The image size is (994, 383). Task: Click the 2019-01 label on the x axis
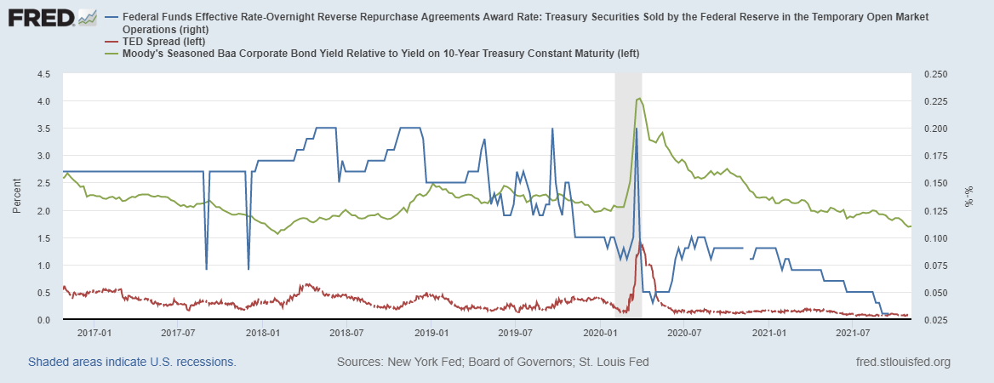click(x=431, y=332)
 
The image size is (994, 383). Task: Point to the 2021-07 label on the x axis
click(x=853, y=332)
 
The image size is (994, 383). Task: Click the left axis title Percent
click(x=16, y=197)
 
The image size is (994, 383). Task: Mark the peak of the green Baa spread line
click(x=638, y=99)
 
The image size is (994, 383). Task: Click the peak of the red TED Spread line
click(x=640, y=243)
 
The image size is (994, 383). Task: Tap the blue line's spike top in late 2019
click(x=552, y=129)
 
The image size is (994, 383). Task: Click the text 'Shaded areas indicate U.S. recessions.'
click(x=132, y=362)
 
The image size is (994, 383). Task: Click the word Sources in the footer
click(x=360, y=362)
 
